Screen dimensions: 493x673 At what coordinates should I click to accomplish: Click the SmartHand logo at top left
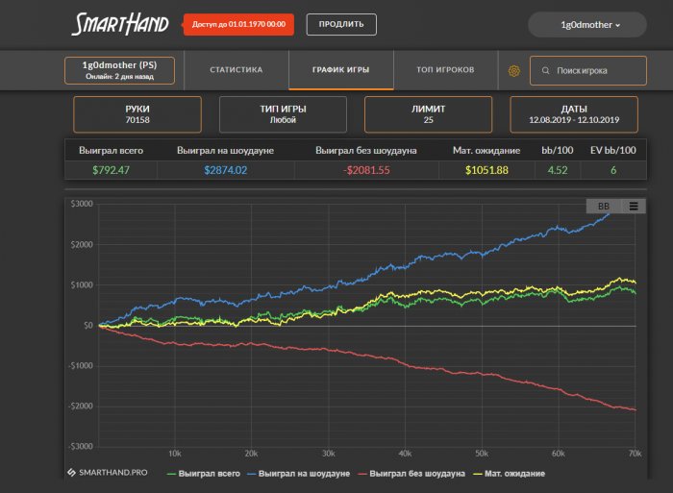pyautogui.click(x=121, y=24)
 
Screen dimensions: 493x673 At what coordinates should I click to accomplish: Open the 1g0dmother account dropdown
pyautogui.click(x=589, y=25)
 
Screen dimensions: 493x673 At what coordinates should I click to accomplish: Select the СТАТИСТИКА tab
pyautogui.click(x=236, y=70)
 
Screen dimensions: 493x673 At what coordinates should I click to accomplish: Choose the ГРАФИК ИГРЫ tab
pyautogui.click(x=340, y=70)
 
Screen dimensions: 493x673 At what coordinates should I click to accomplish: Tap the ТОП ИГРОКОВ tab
pyautogui.click(x=445, y=70)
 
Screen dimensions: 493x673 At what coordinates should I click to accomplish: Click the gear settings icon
pyautogui.click(x=514, y=71)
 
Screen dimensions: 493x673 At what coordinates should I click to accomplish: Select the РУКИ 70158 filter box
pyautogui.click(x=137, y=114)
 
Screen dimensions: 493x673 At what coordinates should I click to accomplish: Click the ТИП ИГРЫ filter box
pyautogui.click(x=283, y=114)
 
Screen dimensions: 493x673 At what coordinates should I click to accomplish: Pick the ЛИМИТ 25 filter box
pyautogui.click(x=428, y=114)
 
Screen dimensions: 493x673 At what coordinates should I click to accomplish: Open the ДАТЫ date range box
pyautogui.click(x=573, y=114)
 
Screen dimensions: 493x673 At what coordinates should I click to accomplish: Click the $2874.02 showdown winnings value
pyautogui.click(x=225, y=170)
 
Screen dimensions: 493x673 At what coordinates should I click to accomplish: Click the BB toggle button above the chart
pyautogui.click(x=603, y=206)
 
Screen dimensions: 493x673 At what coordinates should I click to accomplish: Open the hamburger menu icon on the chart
pyautogui.click(x=633, y=206)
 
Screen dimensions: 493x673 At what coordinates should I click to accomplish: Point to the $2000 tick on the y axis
pyautogui.click(x=81, y=245)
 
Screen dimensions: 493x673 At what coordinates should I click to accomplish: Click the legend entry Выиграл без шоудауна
pyautogui.click(x=411, y=474)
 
